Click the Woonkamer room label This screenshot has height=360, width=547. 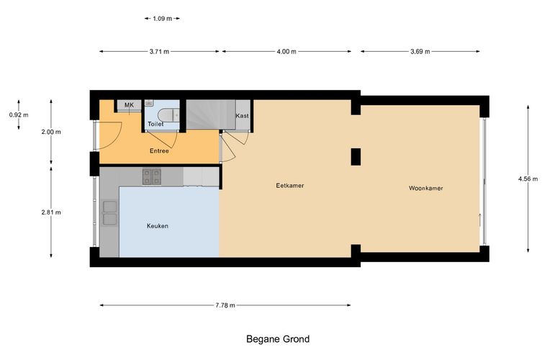425,189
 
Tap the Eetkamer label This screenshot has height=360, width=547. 290,186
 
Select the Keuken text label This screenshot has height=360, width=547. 158,226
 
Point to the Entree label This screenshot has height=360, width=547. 159,151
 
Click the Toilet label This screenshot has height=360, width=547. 155,124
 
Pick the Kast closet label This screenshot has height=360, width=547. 242,116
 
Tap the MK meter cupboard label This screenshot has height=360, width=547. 129,105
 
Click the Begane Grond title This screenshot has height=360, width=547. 278,339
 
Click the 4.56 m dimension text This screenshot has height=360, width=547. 528,179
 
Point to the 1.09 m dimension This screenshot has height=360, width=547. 162,19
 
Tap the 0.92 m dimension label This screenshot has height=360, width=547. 19,114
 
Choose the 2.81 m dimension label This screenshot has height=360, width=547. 51,212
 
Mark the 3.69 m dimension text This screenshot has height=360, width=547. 420,52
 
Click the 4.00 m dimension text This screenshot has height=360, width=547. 286,52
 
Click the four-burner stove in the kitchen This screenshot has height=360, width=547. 152,176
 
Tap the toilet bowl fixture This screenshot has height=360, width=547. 168,114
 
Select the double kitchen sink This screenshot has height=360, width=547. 110,213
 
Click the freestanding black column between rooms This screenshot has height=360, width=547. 356,157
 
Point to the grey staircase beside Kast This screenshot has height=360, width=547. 211,114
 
